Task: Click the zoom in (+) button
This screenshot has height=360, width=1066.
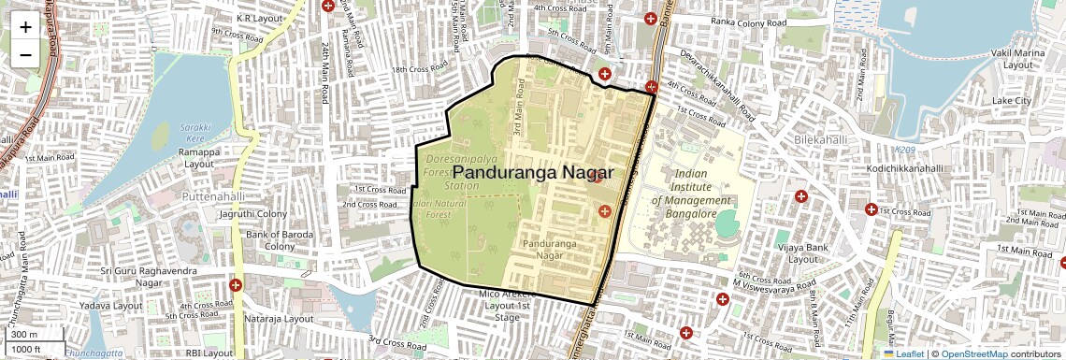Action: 25,27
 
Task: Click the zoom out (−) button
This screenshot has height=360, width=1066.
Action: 25,55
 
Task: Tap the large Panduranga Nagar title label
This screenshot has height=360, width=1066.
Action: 533,173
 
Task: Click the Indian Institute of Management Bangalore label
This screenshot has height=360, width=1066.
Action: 690,194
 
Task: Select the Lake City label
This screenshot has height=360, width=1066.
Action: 1011,100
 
